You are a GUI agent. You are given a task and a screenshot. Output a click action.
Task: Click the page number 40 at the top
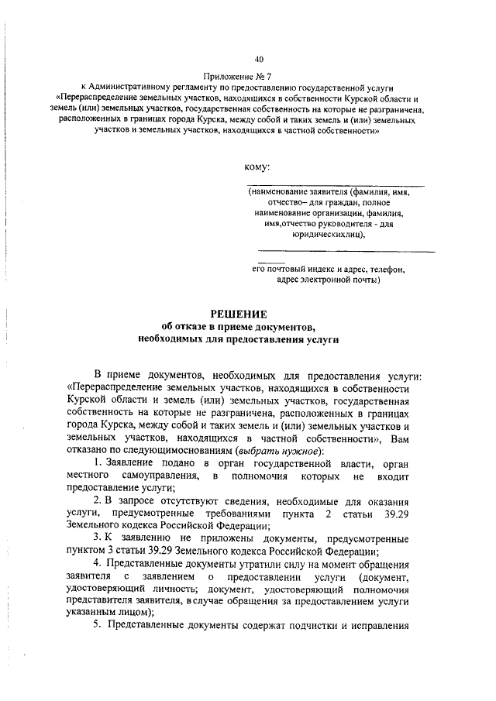[259, 59]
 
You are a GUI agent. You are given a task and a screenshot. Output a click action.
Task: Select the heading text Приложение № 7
[238, 77]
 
